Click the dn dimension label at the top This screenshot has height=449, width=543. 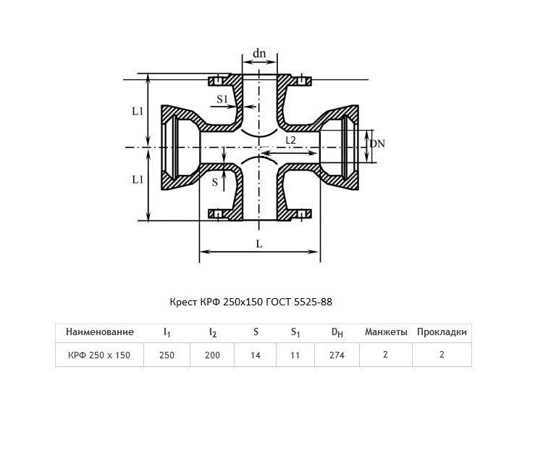[259, 54]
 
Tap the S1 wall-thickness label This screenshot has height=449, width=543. [222, 99]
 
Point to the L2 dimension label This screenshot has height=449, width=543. [290, 140]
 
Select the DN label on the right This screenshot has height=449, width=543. [377, 144]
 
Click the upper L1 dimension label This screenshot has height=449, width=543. [138, 111]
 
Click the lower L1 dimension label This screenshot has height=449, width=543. [138, 179]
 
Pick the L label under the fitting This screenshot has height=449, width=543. [259, 244]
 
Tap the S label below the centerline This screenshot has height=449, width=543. [215, 182]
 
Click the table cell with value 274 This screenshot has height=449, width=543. [337, 355]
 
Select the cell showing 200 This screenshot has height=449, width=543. [212, 355]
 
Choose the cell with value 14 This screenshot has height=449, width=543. [256, 355]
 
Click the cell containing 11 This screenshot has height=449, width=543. [295, 355]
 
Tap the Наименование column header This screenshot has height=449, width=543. [100, 332]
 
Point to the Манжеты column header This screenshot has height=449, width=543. [386, 332]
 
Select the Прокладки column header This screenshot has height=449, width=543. [442, 332]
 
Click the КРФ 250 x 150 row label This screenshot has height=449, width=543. [99, 355]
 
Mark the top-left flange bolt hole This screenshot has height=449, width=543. [218, 81]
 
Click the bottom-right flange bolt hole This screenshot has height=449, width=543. [302, 214]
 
